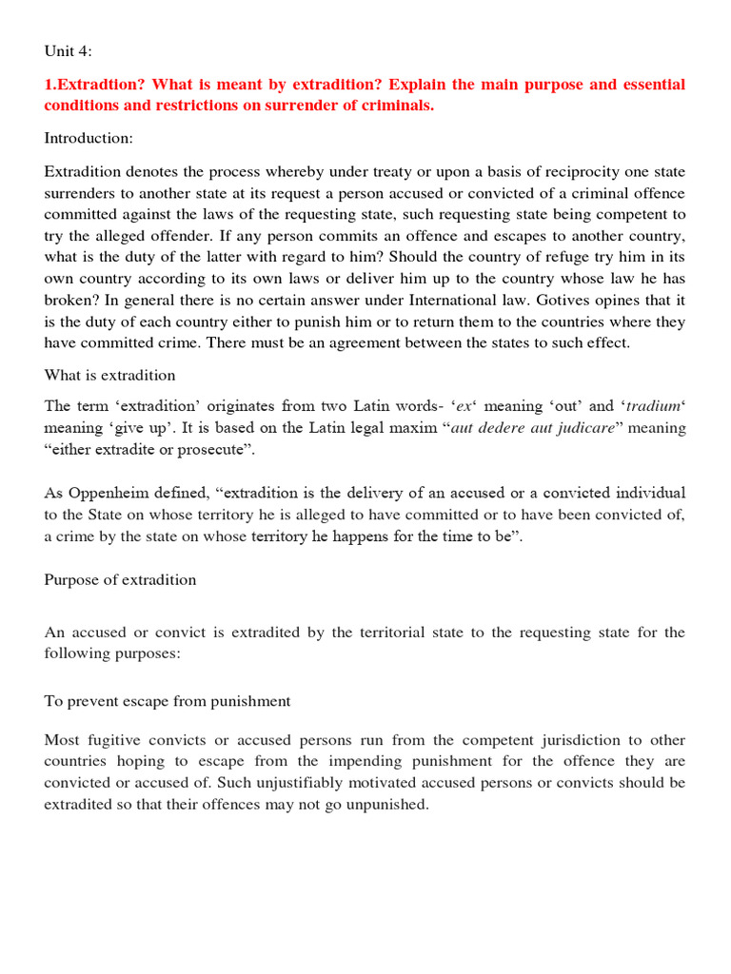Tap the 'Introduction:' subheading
point(89,139)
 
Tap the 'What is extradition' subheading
point(109,376)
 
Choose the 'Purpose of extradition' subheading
point(120,580)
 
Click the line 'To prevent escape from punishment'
point(168,701)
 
